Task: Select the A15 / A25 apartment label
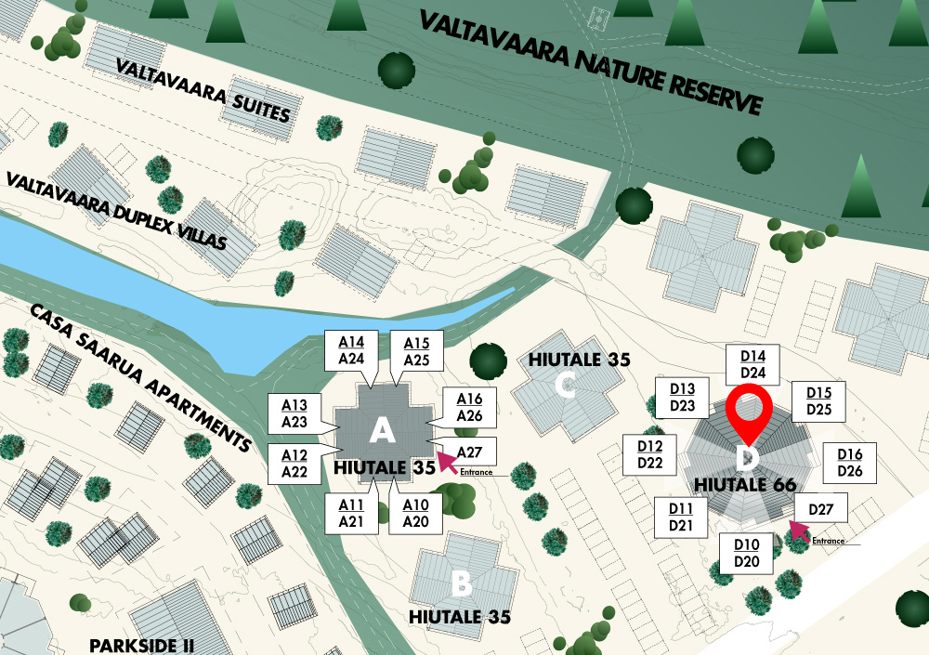click(416, 350)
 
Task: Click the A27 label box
click(471, 452)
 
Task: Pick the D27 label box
click(821, 509)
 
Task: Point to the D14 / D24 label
click(752, 364)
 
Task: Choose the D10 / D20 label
click(747, 554)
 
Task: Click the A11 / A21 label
click(351, 513)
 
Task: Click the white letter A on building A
click(382, 430)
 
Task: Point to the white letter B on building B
click(462, 583)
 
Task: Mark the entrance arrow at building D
click(797, 531)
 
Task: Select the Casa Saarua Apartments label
click(139, 376)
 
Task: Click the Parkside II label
click(141, 645)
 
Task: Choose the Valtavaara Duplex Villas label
click(116, 211)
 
